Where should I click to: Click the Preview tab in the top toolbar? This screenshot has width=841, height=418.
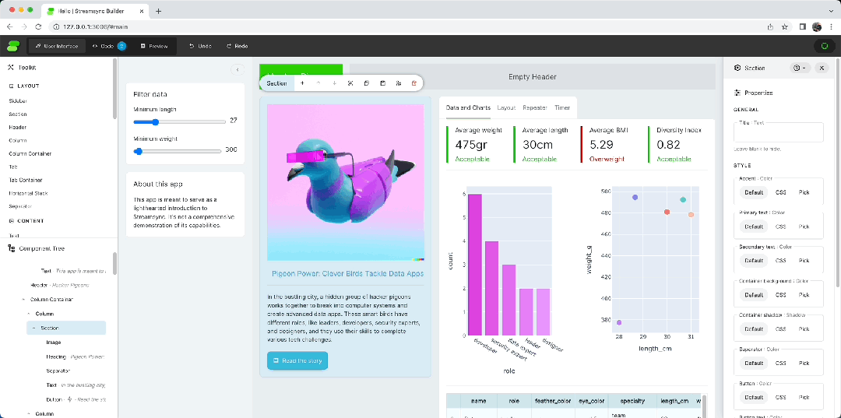click(153, 46)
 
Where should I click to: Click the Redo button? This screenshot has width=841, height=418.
click(237, 46)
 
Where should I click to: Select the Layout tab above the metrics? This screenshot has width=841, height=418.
click(506, 107)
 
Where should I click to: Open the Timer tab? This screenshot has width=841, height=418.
click(562, 107)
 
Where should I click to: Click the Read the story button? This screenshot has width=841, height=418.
click(297, 360)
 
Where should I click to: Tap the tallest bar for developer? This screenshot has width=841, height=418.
click(474, 265)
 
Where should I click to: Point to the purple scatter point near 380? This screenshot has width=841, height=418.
click(619, 322)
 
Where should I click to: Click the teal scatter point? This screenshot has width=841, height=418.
click(683, 200)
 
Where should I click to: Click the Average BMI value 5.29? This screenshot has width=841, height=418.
click(601, 145)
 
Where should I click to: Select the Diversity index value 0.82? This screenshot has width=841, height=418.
click(668, 145)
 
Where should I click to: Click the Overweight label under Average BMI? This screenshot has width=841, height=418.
click(604, 159)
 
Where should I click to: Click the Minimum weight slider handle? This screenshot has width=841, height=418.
click(139, 151)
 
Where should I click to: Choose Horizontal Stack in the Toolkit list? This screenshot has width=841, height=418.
click(28, 193)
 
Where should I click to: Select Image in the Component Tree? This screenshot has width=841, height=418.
click(53, 342)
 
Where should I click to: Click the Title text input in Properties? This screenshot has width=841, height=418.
click(778, 132)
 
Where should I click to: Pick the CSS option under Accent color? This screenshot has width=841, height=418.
click(779, 191)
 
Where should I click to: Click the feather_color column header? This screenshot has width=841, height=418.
click(553, 401)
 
